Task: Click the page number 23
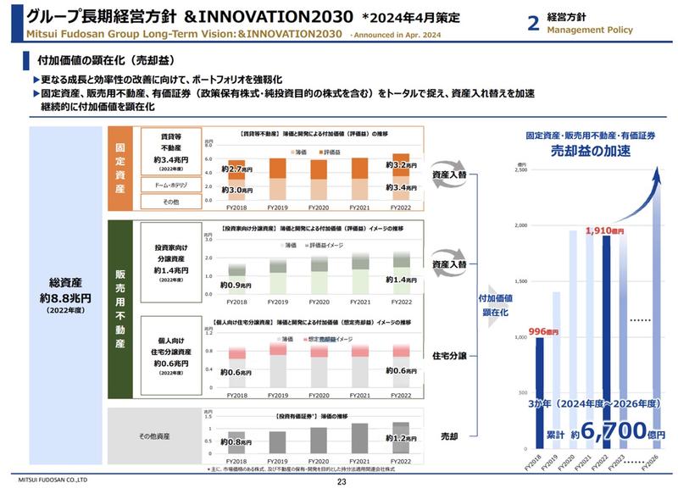(x=342, y=481)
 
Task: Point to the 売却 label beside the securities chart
(x=449, y=436)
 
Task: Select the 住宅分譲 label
(x=450, y=356)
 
